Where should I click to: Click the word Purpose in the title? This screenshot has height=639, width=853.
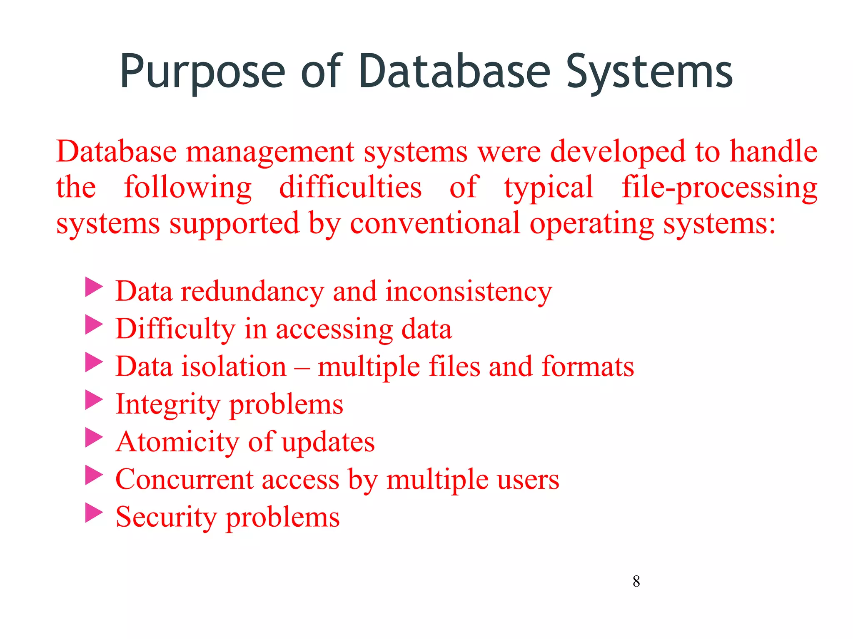click(202, 72)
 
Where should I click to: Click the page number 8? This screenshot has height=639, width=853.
click(636, 581)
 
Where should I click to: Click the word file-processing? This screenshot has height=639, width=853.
click(719, 188)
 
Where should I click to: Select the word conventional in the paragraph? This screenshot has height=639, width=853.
click(435, 224)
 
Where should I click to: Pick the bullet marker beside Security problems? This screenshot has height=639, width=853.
click(94, 513)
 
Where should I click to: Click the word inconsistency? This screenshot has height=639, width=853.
click(469, 292)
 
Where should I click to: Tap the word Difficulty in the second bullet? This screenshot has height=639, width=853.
click(175, 329)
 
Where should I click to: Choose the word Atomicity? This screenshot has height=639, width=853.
click(177, 442)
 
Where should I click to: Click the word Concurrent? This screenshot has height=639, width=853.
click(184, 479)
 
